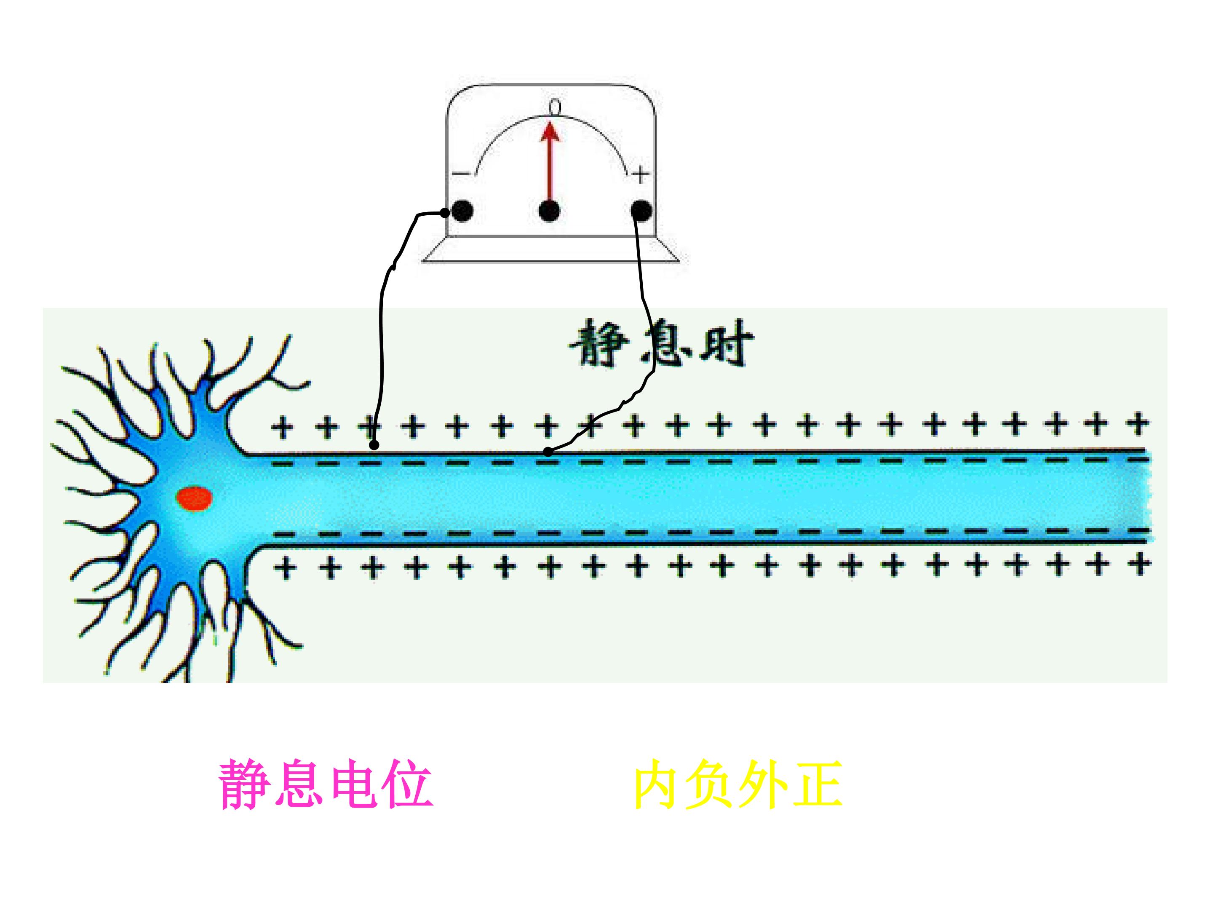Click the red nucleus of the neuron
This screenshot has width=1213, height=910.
[194, 499]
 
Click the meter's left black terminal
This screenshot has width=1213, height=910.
[462, 211]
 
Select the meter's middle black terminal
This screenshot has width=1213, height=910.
[550, 211]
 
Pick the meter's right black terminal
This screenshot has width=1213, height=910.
[641, 211]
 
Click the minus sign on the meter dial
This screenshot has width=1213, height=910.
[461, 174]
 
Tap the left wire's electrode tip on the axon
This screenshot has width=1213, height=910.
[374, 444]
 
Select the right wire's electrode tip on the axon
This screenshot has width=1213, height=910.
[548, 452]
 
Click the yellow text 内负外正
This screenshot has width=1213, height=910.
[738, 784]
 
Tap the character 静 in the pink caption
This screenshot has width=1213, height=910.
[245, 784]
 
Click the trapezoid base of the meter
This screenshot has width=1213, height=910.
[551, 249]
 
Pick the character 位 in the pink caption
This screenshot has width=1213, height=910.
[407, 784]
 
